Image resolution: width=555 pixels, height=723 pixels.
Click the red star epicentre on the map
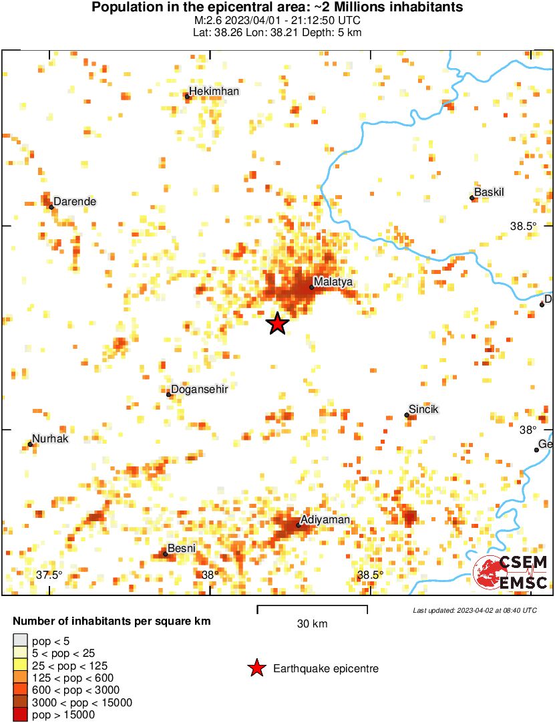tap(277, 323)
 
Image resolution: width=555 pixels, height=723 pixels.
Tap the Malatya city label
tap(333, 282)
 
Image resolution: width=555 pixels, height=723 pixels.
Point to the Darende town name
tap(75, 201)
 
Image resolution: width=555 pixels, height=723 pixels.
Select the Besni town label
tap(182, 549)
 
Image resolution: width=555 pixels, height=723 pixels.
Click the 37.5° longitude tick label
tap(49, 575)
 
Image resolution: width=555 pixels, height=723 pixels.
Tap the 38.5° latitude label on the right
tap(523, 227)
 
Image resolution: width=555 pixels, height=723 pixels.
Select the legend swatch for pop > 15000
tap(21, 714)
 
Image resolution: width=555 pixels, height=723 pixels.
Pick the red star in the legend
tap(256, 668)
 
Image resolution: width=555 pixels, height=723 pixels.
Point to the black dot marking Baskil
tap(472, 198)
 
